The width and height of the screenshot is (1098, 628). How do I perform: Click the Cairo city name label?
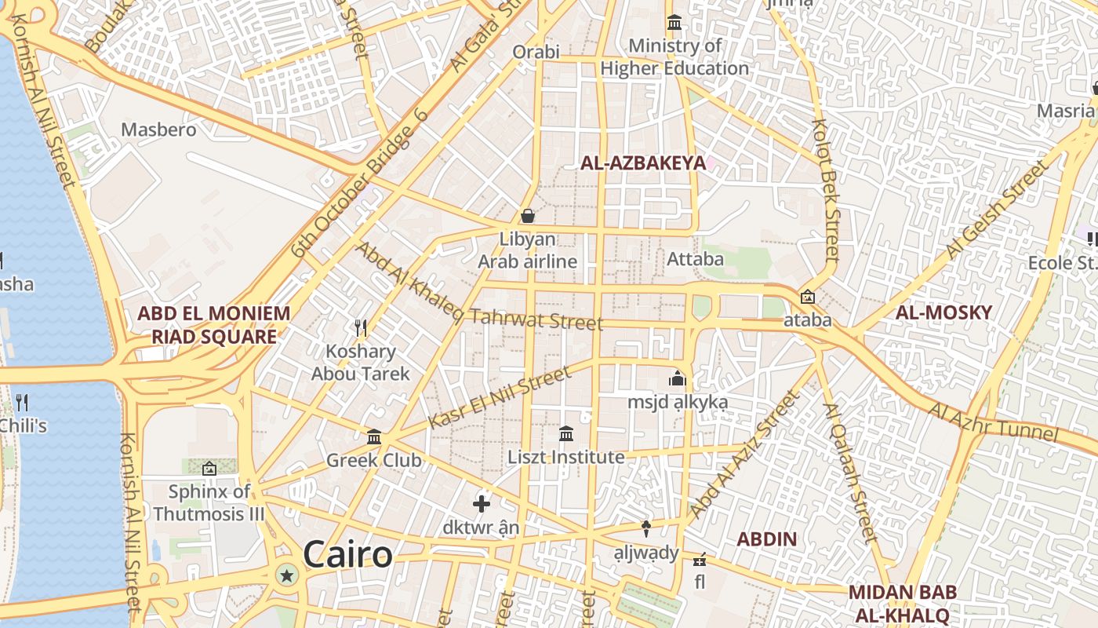coord(347,554)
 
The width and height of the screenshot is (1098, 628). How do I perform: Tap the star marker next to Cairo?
coord(287,576)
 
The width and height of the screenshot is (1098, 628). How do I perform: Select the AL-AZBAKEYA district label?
coord(642,163)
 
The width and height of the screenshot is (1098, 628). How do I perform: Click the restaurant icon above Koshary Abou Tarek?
coord(361,327)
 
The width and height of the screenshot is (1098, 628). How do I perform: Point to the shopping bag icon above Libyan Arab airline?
coord(528,215)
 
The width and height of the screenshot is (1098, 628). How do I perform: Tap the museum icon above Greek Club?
coord(374,436)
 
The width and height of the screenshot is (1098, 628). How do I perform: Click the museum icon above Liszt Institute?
coord(566,433)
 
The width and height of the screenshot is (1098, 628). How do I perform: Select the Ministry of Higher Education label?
coord(674,57)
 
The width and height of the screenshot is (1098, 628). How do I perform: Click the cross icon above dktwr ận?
coord(482,503)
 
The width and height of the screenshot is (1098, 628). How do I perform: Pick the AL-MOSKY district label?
coord(943,312)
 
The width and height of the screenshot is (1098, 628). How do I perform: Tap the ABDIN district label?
coord(766,539)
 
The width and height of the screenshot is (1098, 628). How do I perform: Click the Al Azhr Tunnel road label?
coord(993,422)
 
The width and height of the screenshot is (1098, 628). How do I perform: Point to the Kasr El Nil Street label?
coord(500,398)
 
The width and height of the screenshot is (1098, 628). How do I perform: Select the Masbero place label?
coord(158,130)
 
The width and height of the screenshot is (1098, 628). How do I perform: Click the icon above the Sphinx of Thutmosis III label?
coord(209,469)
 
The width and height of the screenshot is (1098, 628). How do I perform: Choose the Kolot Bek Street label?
coord(827,190)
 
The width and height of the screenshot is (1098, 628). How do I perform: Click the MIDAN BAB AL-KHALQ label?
coord(899,603)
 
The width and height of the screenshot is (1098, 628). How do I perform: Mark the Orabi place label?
coord(536,52)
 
